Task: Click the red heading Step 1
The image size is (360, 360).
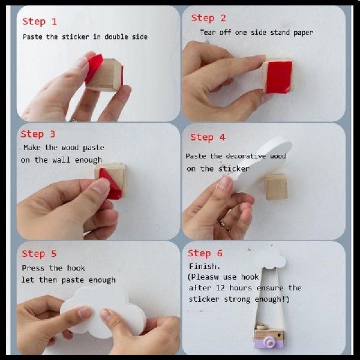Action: (40, 22)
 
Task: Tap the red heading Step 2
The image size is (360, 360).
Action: (208, 18)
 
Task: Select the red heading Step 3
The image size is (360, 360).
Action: (38, 134)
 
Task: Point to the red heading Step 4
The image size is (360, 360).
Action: (208, 137)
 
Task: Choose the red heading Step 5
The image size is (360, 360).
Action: (39, 254)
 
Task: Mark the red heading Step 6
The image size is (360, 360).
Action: (205, 253)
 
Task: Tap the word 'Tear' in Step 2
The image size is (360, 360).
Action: (208, 32)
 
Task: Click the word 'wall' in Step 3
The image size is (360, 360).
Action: (61, 160)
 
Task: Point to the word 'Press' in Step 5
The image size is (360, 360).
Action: (33, 268)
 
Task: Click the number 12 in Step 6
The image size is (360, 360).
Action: (220, 287)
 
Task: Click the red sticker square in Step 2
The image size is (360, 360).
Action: (279, 77)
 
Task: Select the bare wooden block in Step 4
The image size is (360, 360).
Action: (276, 187)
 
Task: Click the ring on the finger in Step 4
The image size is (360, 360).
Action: (225, 225)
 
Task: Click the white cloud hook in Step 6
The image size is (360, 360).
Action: (271, 259)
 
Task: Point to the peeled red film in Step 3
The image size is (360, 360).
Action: (110, 184)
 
